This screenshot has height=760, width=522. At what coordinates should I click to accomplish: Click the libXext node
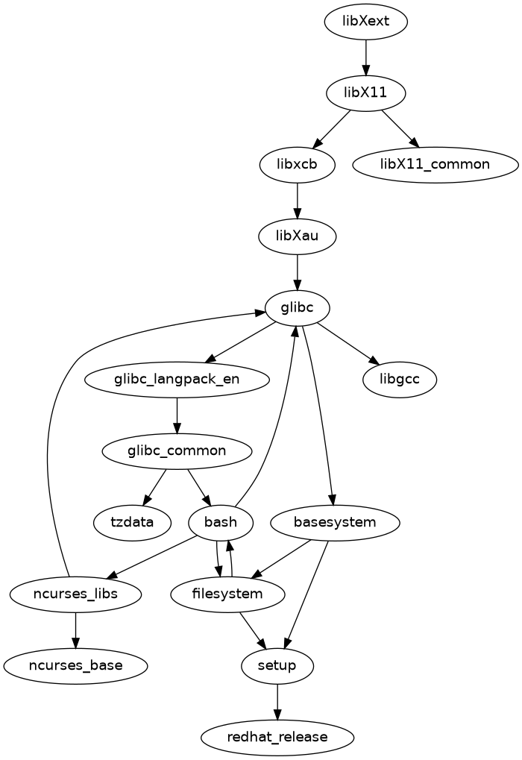coord(366,22)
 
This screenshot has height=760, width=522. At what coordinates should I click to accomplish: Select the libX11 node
coord(366,93)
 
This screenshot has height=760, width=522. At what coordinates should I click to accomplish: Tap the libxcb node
coord(298,165)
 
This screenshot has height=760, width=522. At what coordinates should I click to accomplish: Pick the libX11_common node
coord(435,165)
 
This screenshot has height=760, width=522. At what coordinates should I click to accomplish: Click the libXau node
coord(298,236)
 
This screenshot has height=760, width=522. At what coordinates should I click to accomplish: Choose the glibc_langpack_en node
coord(177,380)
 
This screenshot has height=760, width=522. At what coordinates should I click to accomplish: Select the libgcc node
coord(400,380)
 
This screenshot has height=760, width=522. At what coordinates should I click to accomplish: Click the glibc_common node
coord(177,451)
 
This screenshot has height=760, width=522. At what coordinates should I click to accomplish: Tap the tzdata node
coord(131,522)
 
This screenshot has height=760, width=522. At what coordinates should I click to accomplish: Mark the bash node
coord(221,522)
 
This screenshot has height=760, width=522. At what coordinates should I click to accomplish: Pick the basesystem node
coord(336,522)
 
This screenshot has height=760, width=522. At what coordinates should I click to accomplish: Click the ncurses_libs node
coord(75,594)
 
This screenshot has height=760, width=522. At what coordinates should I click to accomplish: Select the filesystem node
coord(227,594)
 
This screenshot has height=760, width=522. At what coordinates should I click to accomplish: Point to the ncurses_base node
coord(75,665)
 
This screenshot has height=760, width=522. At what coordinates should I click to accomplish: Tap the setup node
coord(277,665)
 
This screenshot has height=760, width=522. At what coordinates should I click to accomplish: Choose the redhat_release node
coord(277,738)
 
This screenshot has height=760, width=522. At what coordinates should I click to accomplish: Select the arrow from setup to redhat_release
coord(277,701)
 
